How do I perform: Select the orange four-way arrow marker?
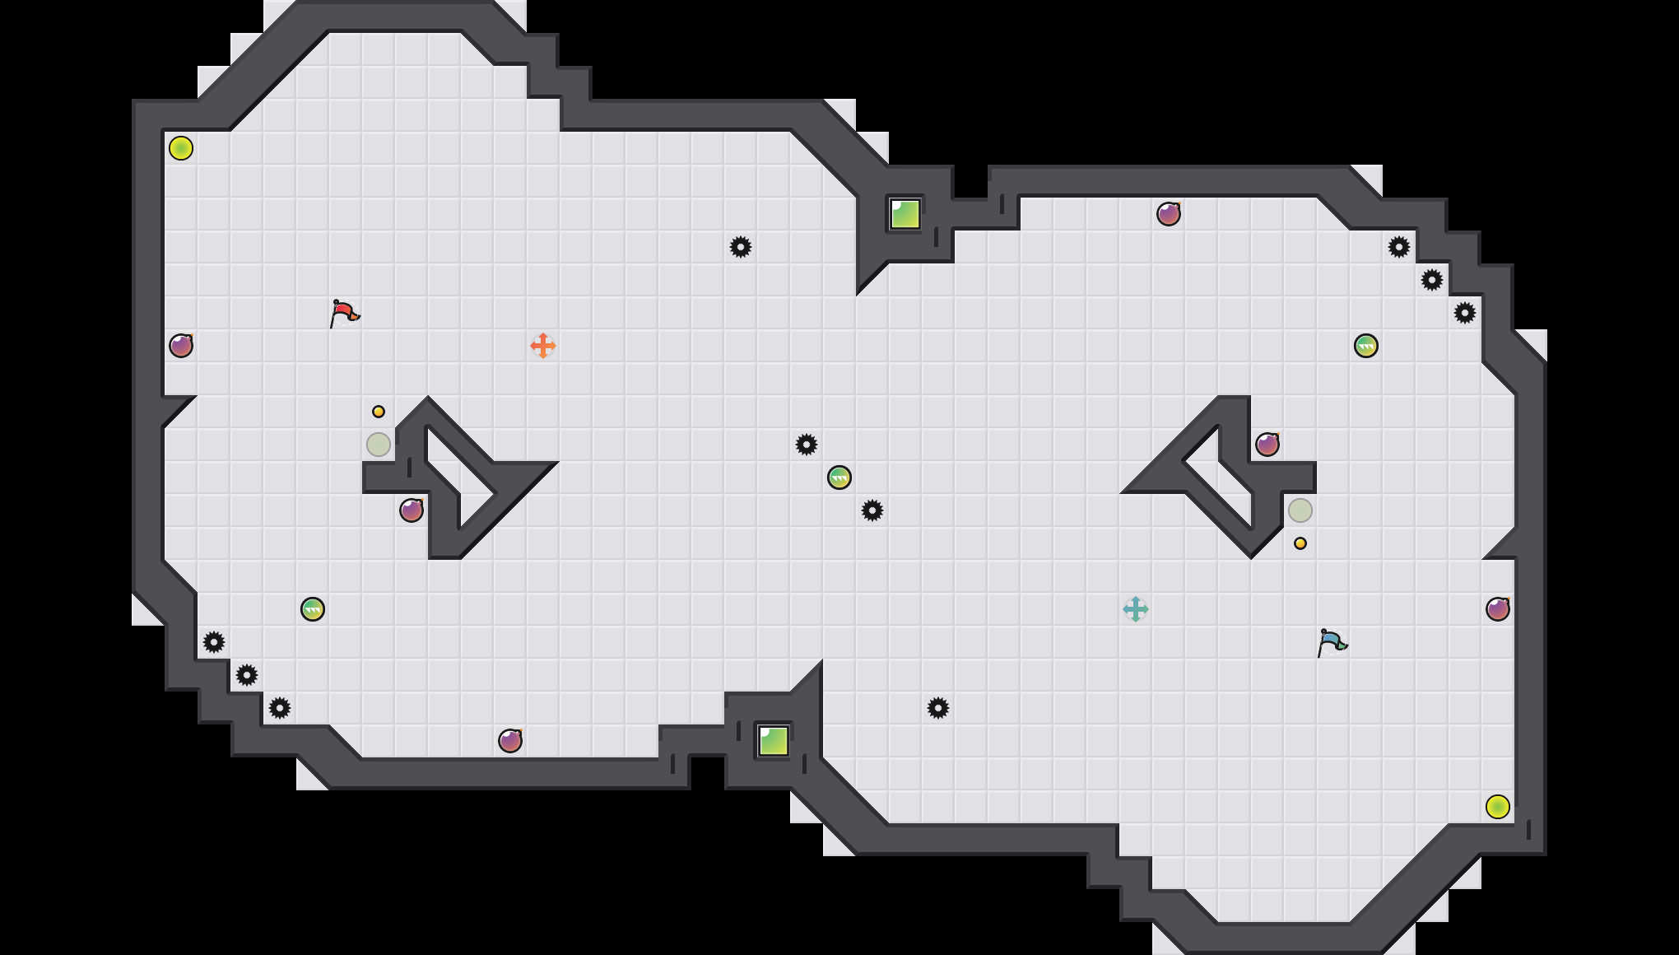(x=543, y=346)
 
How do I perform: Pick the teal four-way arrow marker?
(x=1136, y=609)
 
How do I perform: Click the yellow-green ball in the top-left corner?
(x=181, y=148)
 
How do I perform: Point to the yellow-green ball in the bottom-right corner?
(x=1498, y=807)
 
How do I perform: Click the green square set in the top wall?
(x=905, y=214)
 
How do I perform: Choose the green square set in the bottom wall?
(x=774, y=741)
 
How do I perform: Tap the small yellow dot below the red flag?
(x=379, y=412)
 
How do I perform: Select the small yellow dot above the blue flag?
(x=1300, y=543)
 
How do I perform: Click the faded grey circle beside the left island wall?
(x=379, y=445)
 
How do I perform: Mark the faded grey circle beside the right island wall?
(x=1300, y=510)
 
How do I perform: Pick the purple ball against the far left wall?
(x=181, y=346)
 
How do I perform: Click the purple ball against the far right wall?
(x=1498, y=609)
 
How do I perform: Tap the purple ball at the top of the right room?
(x=1169, y=214)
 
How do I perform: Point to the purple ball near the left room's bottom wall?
(x=510, y=741)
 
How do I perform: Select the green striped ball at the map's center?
(x=839, y=477)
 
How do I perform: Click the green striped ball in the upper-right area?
(x=1366, y=346)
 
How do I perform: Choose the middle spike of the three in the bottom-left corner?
(x=247, y=675)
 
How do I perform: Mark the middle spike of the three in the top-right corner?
(x=1432, y=280)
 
